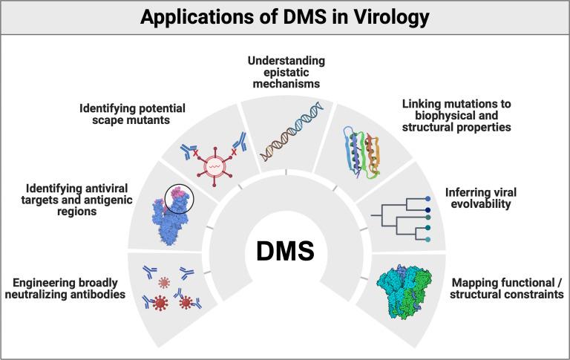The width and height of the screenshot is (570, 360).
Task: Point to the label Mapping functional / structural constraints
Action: click(507, 288)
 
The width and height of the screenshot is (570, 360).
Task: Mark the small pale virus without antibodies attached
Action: click(164, 283)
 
